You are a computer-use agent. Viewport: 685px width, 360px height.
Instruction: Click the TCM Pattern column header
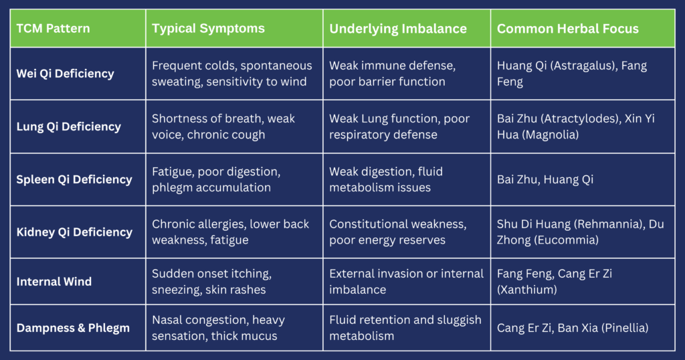[x=54, y=28]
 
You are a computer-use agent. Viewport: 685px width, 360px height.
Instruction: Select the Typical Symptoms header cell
[x=209, y=28]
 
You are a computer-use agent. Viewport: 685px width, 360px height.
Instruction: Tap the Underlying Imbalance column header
[x=398, y=29]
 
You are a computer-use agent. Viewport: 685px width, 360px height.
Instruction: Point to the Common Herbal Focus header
[x=568, y=28]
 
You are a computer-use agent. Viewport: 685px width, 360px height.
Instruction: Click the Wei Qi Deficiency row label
[x=65, y=74]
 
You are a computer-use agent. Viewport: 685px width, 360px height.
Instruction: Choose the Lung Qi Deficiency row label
[x=69, y=126]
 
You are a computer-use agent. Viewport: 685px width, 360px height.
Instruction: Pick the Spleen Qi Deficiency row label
[x=74, y=179]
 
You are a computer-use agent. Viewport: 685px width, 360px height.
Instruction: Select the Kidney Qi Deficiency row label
[x=74, y=232]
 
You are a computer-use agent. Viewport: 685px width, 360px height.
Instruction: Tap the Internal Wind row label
[x=54, y=281]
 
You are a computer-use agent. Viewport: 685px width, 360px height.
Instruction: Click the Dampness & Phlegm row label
[x=73, y=328]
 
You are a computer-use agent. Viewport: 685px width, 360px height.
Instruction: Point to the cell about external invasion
[x=406, y=281]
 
